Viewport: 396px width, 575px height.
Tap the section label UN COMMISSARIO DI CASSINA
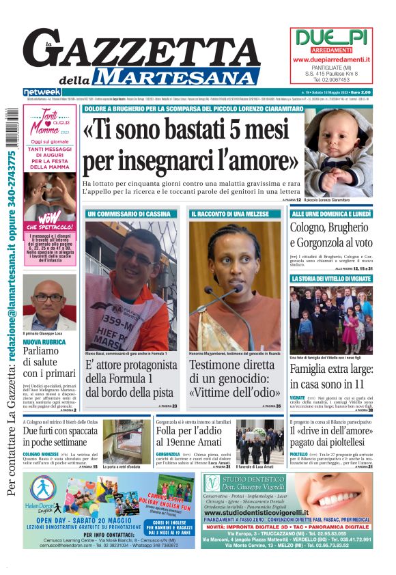click(x=129, y=214)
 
